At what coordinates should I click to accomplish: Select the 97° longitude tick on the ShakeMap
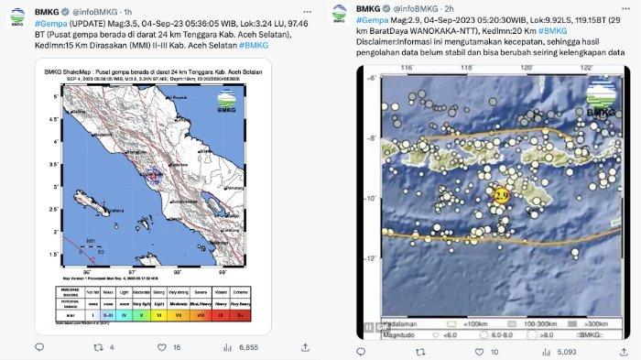pyautogui.click(x=132, y=272)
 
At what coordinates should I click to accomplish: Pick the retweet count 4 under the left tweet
pyautogui.click(x=111, y=348)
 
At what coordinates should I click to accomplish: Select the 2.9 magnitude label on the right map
pyautogui.click(x=500, y=194)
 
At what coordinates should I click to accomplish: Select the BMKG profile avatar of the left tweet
pyautogui.click(x=18, y=12)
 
